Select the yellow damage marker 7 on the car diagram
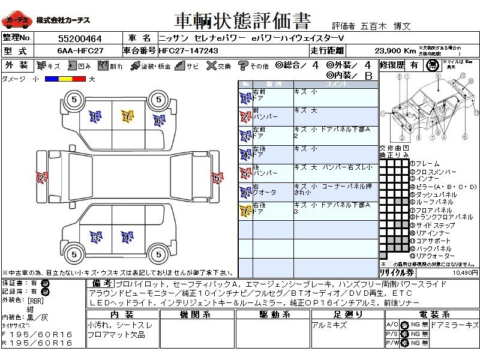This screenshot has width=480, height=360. [x=127, y=116]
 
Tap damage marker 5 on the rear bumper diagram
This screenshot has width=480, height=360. [x=216, y=177]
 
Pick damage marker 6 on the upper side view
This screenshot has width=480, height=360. [x=158, y=121]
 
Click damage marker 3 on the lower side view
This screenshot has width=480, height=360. [x=95, y=237]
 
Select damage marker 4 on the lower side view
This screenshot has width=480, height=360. [x=127, y=237]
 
